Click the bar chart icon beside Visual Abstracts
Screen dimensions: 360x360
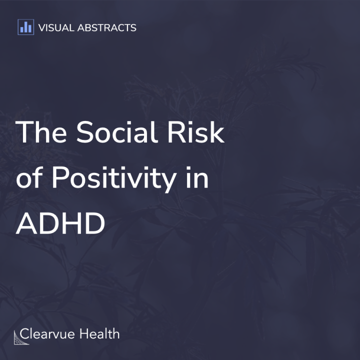tap(25, 27)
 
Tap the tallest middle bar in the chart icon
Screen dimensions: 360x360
tap(25, 26)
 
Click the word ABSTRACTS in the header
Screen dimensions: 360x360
tap(106, 27)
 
